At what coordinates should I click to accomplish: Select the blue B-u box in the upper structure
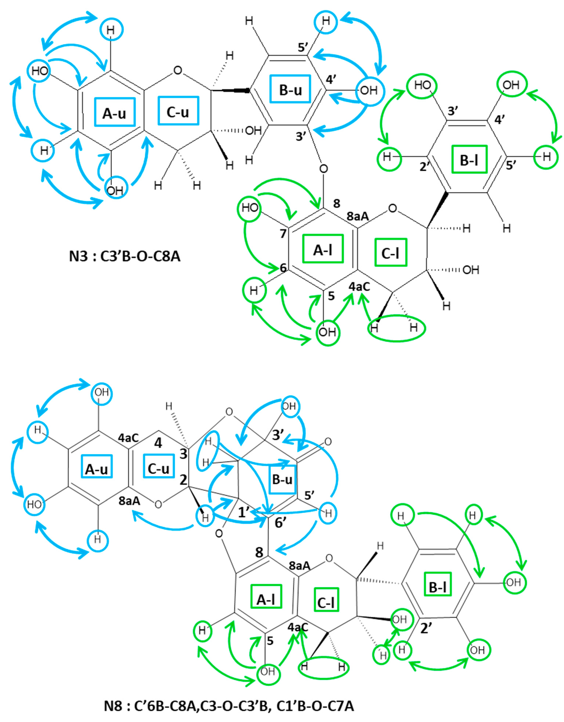(x=290, y=89)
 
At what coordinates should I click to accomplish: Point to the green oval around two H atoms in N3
(x=397, y=328)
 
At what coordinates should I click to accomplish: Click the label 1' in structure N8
(x=245, y=513)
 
